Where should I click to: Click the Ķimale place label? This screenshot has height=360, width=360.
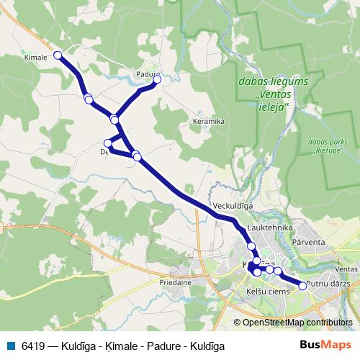coord(35,57)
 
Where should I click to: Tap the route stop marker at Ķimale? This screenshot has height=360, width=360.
coord(58,54)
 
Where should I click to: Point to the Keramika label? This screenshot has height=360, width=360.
coord(208,122)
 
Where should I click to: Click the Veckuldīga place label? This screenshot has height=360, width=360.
coord(233,205)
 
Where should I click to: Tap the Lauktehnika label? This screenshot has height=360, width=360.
coord(269,228)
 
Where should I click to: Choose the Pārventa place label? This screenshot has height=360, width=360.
coord(310,243)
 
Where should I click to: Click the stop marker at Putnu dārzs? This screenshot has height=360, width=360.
coord(302,286)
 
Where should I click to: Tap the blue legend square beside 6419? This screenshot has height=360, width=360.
coord(10,346)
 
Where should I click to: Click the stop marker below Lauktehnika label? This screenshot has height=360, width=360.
coord(251,246)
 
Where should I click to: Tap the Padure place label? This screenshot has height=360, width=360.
coord(146,73)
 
